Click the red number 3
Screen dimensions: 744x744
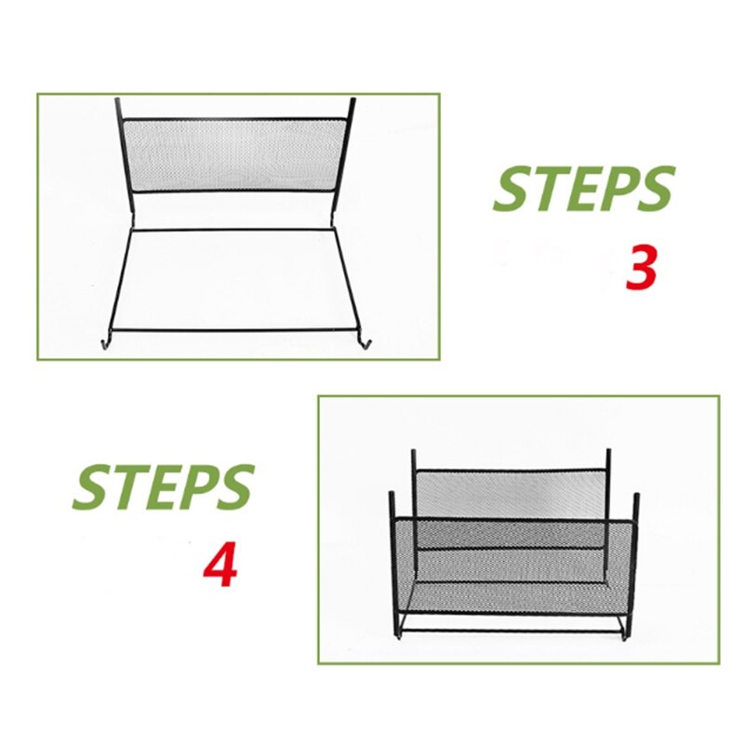tap(641, 268)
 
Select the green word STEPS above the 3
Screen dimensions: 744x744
tap(582, 190)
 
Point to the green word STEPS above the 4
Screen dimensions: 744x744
tap(164, 486)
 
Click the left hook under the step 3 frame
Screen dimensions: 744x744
tap(102, 346)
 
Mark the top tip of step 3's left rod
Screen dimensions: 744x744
tap(118, 100)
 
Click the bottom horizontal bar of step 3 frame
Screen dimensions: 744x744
tap(236, 329)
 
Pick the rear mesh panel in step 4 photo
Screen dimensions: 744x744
tap(511, 493)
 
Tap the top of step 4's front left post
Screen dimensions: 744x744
tap(392, 495)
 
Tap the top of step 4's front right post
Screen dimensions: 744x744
tap(637, 497)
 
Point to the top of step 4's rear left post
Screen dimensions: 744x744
tap(414, 453)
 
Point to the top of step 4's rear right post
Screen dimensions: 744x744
tap(608, 453)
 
